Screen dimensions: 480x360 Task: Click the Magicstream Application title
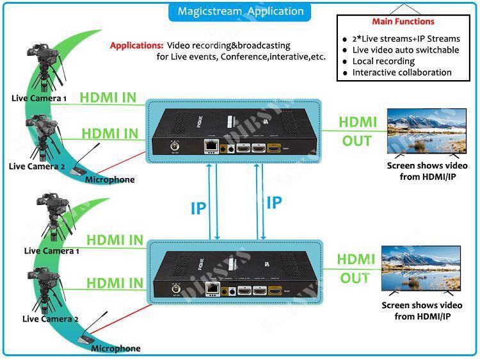click(240, 12)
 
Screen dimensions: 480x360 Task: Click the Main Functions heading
click(403, 22)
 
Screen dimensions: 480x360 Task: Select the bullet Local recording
click(383, 61)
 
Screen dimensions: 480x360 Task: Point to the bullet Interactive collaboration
click(402, 72)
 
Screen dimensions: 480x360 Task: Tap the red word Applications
click(136, 45)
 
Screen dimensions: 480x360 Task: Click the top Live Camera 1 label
click(39, 98)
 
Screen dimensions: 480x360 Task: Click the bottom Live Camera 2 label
click(51, 318)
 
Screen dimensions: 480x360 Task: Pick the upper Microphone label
click(110, 179)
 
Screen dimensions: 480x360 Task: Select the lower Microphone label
click(115, 348)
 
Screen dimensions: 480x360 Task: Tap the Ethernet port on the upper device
click(209, 146)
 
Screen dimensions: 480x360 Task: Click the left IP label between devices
click(199, 208)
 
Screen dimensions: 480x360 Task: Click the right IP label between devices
click(274, 202)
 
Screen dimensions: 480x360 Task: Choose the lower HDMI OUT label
click(356, 268)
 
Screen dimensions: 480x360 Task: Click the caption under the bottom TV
click(422, 311)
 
